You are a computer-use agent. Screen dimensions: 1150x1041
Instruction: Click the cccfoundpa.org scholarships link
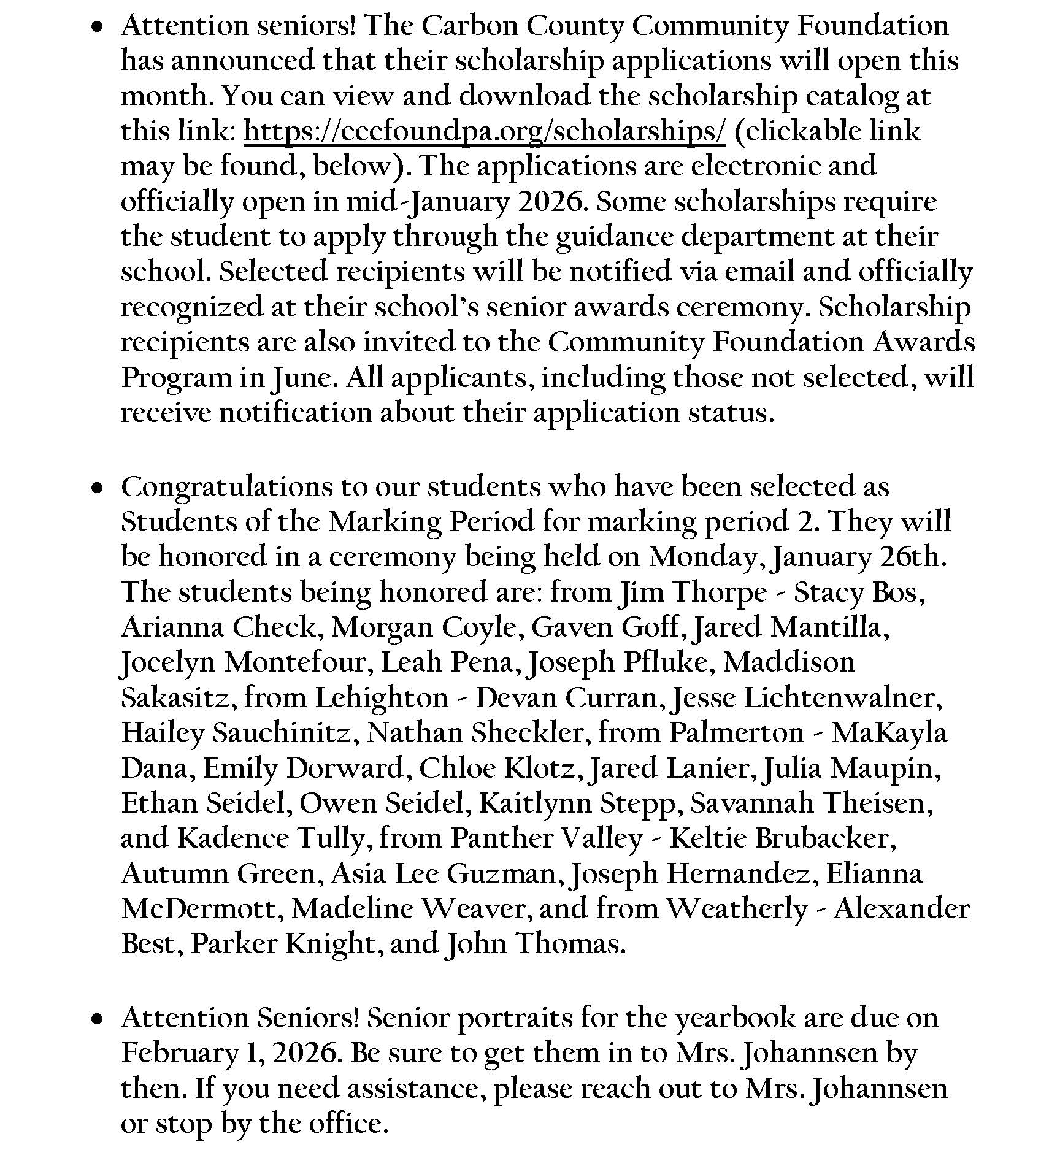(485, 131)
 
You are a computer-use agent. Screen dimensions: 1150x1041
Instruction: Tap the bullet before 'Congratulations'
(96, 488)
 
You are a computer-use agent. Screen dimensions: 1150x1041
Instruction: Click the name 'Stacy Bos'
(858, 593)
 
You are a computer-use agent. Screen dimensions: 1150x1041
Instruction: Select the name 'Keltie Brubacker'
(782, 838)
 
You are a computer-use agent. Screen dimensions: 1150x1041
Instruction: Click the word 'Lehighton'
(382, 699)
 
